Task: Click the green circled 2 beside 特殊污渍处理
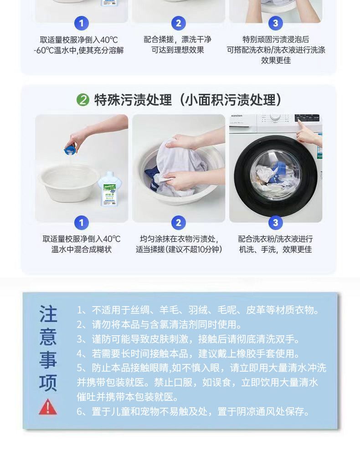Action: (82, 100)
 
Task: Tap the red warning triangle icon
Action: (48, 407)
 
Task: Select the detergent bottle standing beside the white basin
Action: (109, 189)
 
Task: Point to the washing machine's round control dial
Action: (275, 117)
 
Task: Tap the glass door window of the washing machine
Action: (276, 174)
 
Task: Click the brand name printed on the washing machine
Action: (237, 116)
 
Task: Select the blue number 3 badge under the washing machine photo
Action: (275, 223)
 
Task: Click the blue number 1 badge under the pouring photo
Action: (82, 223)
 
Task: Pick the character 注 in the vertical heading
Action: (48, 314)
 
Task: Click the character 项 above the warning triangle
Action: (48, 383)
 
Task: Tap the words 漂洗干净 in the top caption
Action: (196, 39)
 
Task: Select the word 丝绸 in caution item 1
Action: (140, 310)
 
